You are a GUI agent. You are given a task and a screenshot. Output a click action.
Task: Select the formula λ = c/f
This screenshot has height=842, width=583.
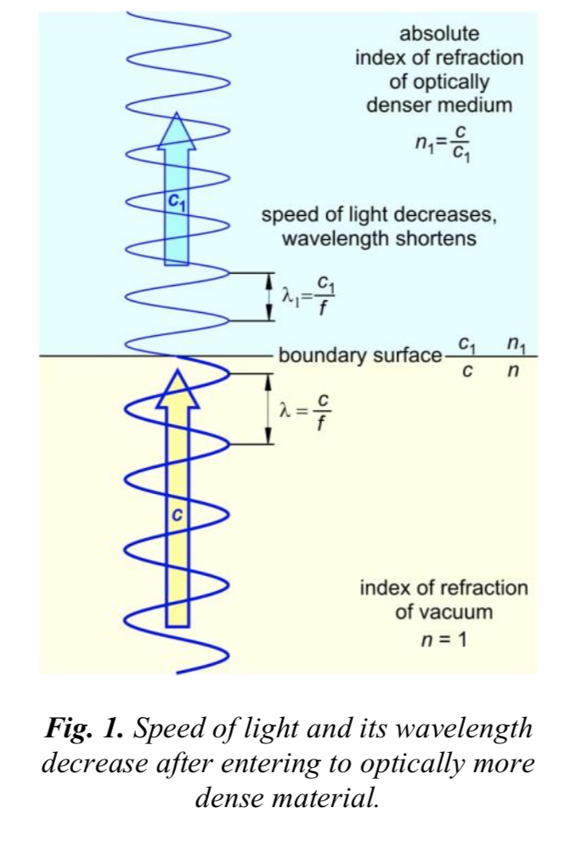tap(304, 411)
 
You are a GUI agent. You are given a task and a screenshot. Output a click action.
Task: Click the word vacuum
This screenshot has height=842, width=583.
tap(444, 612)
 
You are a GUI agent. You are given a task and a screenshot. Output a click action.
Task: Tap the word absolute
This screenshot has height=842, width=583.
tap(439, 34)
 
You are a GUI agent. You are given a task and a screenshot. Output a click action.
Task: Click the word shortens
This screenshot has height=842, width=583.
tap(439, 238)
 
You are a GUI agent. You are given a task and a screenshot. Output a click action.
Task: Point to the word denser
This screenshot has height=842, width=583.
tap(399, 105)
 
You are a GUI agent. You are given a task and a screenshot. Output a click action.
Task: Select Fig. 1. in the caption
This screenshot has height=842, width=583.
tap(88, 729)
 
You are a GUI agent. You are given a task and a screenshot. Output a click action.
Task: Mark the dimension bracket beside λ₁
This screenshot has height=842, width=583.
tap(269, 297)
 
